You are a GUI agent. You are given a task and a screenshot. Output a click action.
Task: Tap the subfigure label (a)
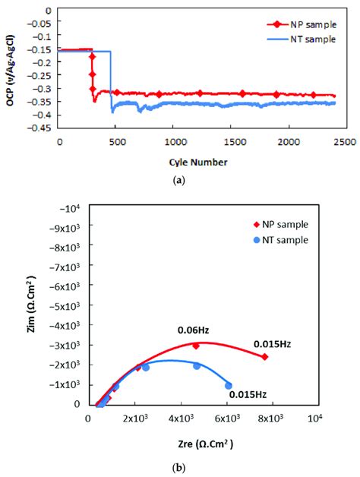pyautogui.click(x=179, y=181)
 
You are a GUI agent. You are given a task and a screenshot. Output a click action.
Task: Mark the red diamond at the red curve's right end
pyautogui.click(x=264, y=357)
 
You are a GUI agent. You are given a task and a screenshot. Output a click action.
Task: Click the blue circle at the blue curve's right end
pyautogui.click(x=229, y=386)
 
